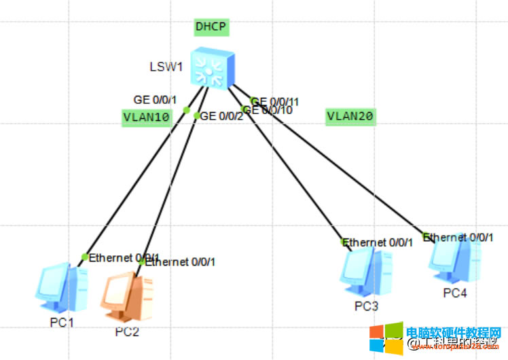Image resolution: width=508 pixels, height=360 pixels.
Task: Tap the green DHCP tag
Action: pyautogui.click(x=211, y=27)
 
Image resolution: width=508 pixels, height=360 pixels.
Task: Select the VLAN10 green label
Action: pyautogui.click(x=146, y=117)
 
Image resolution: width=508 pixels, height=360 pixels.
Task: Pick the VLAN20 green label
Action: pyautogui.click(x=350, y=116)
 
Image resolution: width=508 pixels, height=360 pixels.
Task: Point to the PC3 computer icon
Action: pyautogui.click(x=366, y=272)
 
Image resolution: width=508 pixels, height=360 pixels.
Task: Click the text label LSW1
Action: pyautogui.click(x=166, y=67)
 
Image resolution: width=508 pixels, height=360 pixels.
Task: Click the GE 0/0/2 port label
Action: pyautogui.click(x=221, y=115)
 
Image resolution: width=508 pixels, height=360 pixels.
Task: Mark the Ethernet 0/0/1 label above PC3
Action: pyautogui.click(x=377, y=242)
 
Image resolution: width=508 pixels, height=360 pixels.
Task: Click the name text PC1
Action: pyautogui.click(x=61, y=322)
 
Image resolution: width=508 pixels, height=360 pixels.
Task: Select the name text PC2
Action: pyautogui.click(x=126, y=331)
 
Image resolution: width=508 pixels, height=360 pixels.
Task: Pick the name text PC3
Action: pyautogui.click(x=366, y=306)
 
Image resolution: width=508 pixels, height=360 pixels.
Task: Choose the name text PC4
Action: pyautogui.click(x=454, y=293)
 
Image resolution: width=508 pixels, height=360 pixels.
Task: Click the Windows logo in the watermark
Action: pyautogui.click(x=385, y=337)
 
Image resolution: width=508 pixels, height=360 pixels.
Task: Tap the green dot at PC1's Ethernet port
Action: pyautogui.click(x=84, y=257)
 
